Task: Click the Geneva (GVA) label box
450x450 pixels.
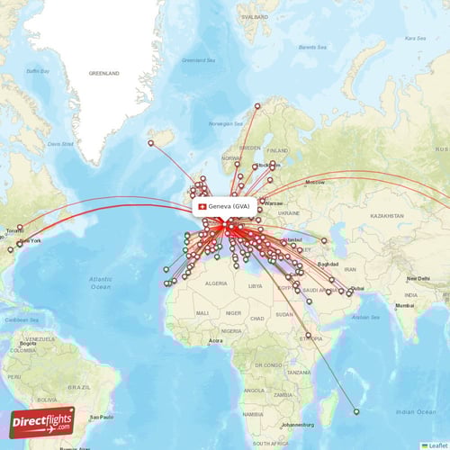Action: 228,206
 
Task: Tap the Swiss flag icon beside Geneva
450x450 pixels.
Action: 202,206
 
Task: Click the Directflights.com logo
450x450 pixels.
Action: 42,421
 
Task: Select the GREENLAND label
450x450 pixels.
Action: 103,73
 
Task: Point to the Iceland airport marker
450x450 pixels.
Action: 151,142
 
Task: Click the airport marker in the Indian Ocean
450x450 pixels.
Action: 356,412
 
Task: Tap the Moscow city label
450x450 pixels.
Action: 314,183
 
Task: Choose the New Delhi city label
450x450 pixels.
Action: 418,279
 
